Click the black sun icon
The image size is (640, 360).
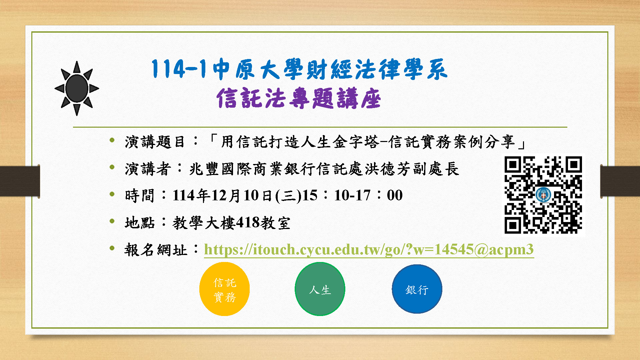77,88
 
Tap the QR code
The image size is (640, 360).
543,195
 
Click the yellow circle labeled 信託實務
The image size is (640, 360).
225,289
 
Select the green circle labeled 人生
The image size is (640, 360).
320,289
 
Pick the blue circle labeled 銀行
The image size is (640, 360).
417,289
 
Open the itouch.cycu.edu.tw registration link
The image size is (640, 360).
369,249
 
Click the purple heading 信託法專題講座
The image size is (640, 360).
299,98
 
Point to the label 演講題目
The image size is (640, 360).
155,142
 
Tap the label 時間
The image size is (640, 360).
140,196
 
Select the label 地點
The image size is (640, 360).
140,223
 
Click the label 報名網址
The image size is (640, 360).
156,250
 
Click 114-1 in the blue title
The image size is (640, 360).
179,69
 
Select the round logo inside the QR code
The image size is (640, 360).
543,195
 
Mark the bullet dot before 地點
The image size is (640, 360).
112,221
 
